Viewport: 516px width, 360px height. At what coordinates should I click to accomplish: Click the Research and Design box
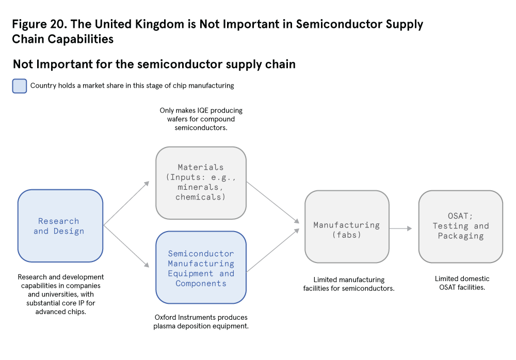click(60, 226)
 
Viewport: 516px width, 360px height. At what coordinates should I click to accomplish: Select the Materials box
click(201, 183)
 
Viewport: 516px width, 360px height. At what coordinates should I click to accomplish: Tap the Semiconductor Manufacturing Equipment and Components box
click(201, 268)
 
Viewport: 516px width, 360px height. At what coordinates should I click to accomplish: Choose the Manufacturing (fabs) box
click(347, 226)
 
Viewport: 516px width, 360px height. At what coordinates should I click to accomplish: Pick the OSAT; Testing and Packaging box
click(460, 226)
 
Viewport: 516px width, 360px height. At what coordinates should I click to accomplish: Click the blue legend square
click(19, 86)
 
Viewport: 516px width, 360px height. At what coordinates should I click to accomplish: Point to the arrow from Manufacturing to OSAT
click(401, 228)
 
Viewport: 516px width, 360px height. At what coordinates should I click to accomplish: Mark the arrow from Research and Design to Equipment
click(126, 247)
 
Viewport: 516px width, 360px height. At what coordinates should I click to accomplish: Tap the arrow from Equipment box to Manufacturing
click(272, 250)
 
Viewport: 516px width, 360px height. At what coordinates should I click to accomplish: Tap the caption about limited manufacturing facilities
click(349, 284)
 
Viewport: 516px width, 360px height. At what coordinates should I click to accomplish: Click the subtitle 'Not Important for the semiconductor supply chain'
click(154, 64)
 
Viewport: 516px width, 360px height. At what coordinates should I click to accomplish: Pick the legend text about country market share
click(132, 86)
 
